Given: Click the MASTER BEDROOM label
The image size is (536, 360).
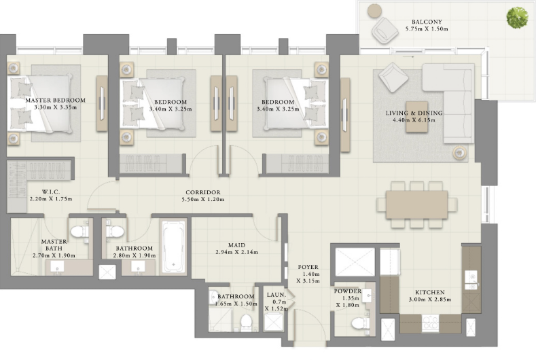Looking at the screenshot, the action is pyautogui.click(x=56, y=100).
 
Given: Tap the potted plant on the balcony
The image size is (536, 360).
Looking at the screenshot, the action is pyautogui.click(x=517, y=18).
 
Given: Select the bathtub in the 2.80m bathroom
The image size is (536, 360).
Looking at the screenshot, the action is pyautogui.click(x=173, y=247).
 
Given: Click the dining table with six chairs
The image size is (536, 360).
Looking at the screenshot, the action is pyautogui.click(x=416, y=204).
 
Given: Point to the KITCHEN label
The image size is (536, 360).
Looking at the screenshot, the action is pyautogui.click(x=430, y=292).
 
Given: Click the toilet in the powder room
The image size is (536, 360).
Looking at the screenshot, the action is pyautogui.click(x=360, y=323).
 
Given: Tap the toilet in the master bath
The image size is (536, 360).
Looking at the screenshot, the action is pyautogui.click(x=79, y=231).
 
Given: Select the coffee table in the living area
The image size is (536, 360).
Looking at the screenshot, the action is pyautogui.click(x=416, y=117).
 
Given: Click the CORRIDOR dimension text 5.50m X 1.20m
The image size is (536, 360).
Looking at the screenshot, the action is pyautogui.click(x=202, y=199).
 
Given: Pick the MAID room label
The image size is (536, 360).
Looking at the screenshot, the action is pyautogui.click(x=236, y=245).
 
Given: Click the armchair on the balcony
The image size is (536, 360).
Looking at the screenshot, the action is pyautogui.click(x=385, y=30).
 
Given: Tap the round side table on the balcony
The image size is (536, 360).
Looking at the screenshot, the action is pyautogui.click(x=374, y=11).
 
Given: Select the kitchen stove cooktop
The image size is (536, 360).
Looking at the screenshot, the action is pyautogui.click(x=431, y=323).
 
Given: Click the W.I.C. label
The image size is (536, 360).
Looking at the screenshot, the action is pyautogui.click(x=51, y=192).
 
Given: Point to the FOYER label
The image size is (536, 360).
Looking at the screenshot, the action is pyautogui.click(x=308, y=267).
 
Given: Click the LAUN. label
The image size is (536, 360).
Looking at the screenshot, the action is pyautogui.click(x=276, y=295).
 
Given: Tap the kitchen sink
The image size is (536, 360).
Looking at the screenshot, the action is pyautogui.click(x=471, y=281).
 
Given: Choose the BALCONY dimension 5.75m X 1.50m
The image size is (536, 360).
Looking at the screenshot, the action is pyautogui.click(x=427, y=29).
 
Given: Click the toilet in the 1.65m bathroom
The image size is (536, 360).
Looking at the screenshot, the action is pyautogui.click(x=246, y=322).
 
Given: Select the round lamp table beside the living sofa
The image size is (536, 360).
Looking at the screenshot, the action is pyautogui.click(x=459, y=152).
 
